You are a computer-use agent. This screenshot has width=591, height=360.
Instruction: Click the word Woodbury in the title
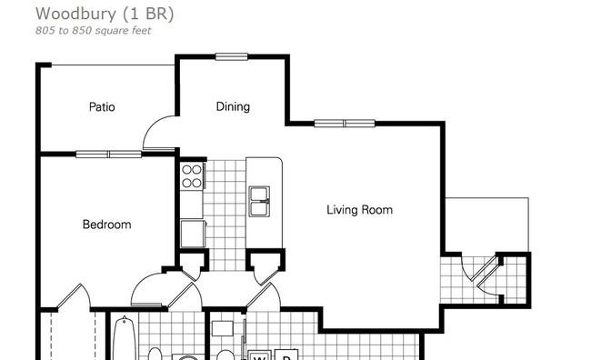click(x=75, y=15)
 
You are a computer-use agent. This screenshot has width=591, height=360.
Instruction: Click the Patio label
click(x=102, y=106)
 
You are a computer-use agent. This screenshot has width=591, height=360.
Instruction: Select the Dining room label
click(x=233, y=106)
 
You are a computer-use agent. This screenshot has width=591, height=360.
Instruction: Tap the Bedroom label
click(x=107, y=225)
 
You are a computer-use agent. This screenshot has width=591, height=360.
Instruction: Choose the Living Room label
click(x=359, y=210)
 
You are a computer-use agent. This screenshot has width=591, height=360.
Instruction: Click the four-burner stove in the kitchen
click(x=192, y=176)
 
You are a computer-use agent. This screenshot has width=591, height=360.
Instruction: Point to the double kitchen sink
click(x=259, y=202)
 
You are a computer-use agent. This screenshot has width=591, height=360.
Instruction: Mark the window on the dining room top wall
click(x=232, y=57)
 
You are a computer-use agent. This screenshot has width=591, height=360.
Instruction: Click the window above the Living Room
click(x=345, y=124)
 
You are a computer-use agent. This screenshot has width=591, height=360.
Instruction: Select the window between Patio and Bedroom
click(x=108, y=155)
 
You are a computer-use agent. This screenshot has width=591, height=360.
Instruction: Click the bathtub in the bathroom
click(x=125, y=338)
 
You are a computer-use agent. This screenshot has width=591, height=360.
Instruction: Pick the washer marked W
click(x=260, y=355)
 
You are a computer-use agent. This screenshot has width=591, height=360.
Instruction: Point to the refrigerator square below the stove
click(x=193, y=234)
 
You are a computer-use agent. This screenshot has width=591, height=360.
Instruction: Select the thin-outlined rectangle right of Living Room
click(x=487, y=225)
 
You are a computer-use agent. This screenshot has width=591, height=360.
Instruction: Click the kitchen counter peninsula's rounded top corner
click(x=278, y=161)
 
